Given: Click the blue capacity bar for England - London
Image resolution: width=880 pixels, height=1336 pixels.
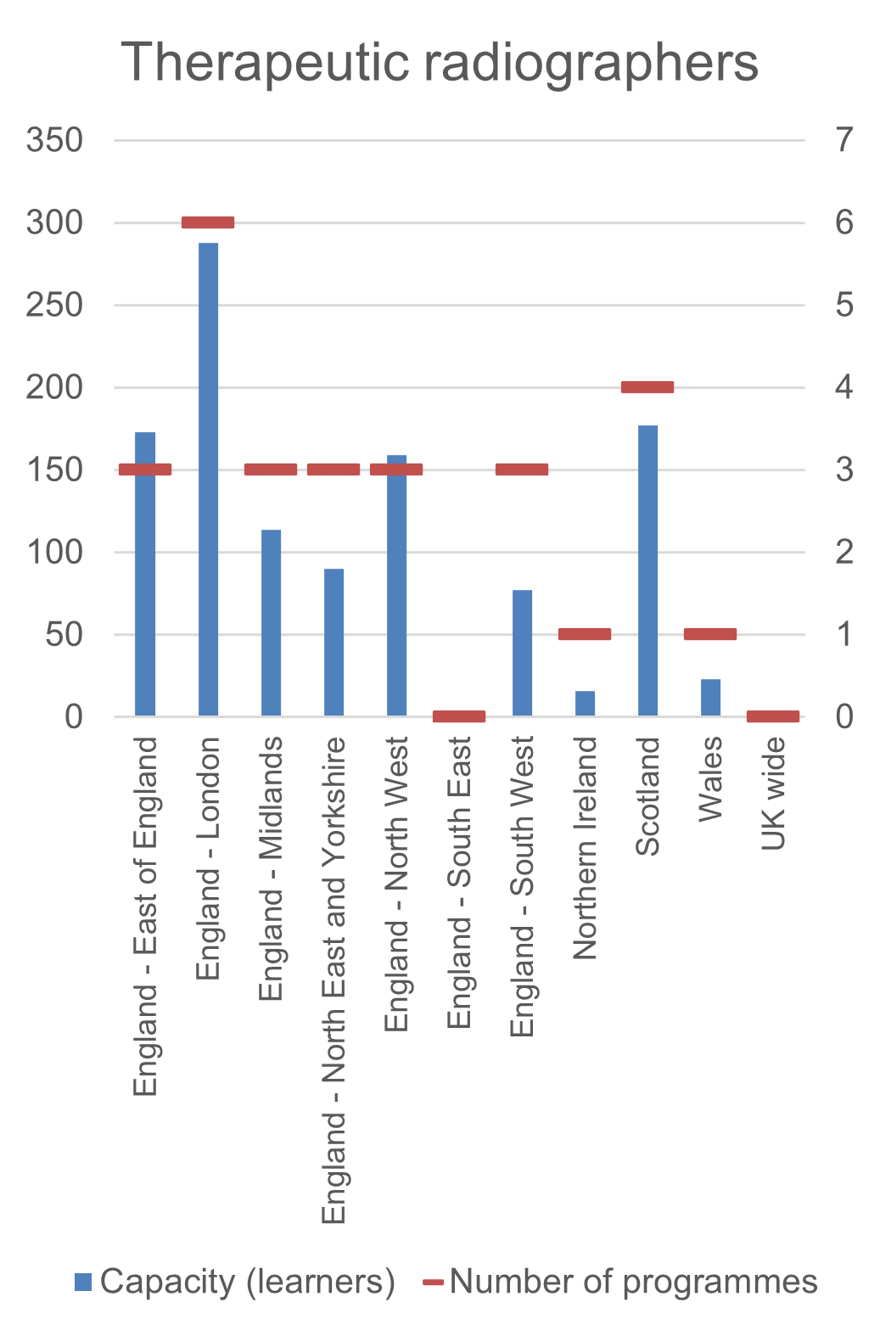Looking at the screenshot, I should point(208,480).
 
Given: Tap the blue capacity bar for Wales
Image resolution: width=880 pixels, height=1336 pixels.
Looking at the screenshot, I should point(710,698).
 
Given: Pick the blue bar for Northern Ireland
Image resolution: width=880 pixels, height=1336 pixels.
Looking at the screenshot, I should point(585,704).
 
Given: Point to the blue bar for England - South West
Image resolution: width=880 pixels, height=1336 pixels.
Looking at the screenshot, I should point(522,653).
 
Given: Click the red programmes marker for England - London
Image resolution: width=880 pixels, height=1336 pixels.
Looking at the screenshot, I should point(208,222).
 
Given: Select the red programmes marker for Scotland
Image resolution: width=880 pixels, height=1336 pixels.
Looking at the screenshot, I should point(647,387).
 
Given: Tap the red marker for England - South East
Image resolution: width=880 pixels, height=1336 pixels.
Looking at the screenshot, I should point(459,716).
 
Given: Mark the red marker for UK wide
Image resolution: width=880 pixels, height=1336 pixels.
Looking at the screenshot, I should point(773,716).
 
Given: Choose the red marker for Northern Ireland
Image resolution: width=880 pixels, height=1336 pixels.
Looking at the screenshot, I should point(585,634).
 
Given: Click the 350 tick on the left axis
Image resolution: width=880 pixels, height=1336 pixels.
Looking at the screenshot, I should point(54,140).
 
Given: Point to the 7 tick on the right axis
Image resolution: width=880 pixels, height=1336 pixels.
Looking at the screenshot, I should point(844,140).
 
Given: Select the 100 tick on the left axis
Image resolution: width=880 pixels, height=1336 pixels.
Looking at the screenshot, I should point(54,553).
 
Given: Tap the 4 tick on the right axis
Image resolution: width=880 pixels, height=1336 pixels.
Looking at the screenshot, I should point(844,387).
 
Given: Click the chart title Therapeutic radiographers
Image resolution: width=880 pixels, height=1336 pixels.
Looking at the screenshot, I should point(440,62).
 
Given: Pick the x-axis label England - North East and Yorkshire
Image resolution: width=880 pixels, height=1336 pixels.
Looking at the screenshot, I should point(334,980).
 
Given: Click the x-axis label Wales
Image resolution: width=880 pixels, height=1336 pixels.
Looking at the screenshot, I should point(710,778).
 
